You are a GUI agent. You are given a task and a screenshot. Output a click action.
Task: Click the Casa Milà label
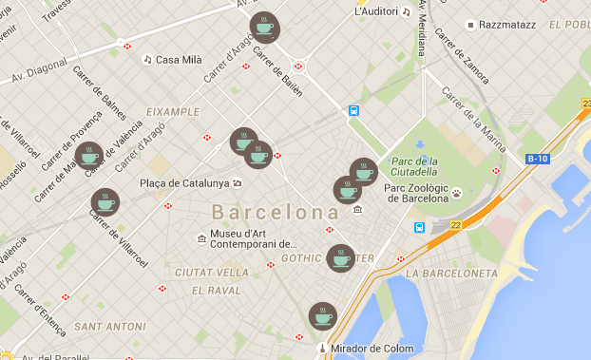coord(179,59)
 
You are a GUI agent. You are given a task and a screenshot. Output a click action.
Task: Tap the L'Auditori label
coord(374,12)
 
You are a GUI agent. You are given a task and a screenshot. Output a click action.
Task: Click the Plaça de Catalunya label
coord(184,182)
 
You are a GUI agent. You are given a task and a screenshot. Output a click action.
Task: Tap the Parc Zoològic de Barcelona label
coord(415,193)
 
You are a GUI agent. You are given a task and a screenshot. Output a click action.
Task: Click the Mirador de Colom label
coord(372,349)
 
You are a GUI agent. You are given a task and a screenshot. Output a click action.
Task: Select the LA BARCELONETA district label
coord(451,273)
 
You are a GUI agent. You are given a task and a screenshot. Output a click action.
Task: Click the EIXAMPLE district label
coord(172,111)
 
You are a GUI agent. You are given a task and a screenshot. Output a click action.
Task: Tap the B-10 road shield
coord(538,159)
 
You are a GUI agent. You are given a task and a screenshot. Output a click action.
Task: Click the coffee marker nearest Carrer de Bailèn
coord(264,27)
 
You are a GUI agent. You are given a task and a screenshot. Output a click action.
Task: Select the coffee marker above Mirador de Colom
coord(323,316)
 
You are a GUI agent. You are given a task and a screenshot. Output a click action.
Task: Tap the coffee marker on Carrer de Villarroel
coord(105,202)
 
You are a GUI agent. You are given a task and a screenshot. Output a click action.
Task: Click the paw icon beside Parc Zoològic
coord(457,192)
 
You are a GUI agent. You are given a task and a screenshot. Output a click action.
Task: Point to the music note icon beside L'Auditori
coord(406,12)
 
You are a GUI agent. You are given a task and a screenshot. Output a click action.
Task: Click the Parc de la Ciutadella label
coord(413,166)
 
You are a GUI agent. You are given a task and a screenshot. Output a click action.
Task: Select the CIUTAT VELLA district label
coord(212,273)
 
